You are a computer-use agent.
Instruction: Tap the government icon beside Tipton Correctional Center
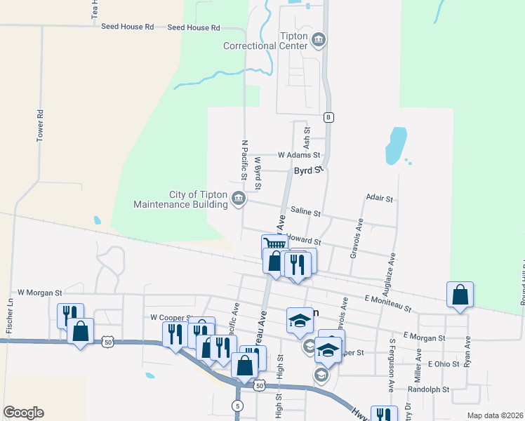point(319,39)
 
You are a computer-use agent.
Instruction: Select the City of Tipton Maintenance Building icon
point(239,199)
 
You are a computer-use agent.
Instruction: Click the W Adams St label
point(298,155)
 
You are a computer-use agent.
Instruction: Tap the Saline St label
point(305,213)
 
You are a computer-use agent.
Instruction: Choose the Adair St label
point(379,199)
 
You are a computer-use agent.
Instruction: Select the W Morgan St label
point(40,292)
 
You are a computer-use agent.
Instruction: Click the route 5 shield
point(239,406)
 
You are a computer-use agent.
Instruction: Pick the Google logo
point(23,413)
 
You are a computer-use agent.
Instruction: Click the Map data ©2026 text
point(494,415)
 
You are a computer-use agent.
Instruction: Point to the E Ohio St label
point(443,364)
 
